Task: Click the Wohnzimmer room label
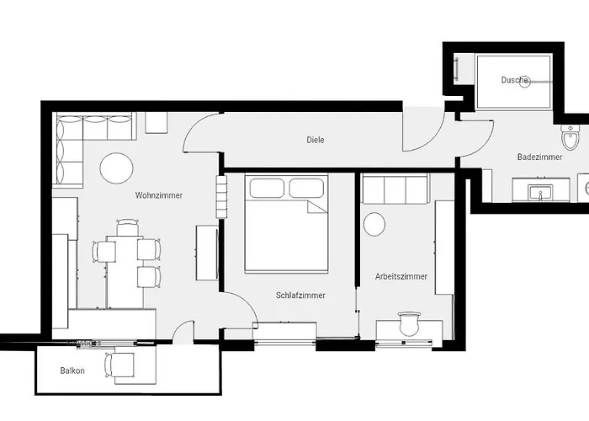tap(158, 195)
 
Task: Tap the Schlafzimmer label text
tap(300, 296)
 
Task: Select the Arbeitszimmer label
tap(401, 276)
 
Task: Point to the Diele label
tap(315, 140)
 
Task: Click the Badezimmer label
tap(539, 157)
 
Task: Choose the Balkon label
tap(72, 370)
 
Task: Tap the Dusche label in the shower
tap(514, 80)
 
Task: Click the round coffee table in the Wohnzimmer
tap(116, 168)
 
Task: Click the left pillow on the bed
tap(266, 188)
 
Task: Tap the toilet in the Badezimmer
tap(570, 136)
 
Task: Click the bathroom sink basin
tap(539, 194)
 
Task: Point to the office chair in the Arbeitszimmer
tap(409, 323)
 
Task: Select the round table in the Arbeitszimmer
tap(374, 224)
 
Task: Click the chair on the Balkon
tap(119, 365)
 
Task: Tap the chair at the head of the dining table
tap(127, 227)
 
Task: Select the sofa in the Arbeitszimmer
tap(395, 189)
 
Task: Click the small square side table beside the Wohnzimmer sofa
tap(157, 123)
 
